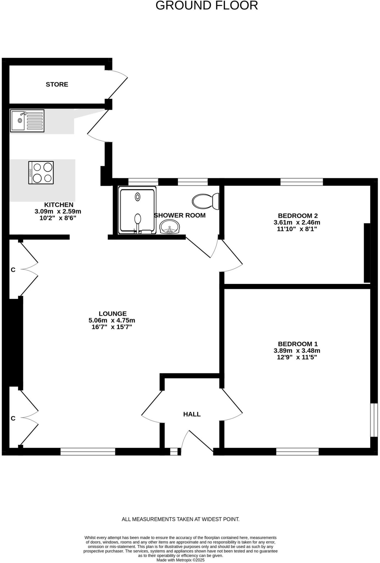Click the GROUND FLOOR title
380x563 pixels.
pyautogui.click(x=207, y=5)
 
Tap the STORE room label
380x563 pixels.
pyautogui.click(x=57, y=84)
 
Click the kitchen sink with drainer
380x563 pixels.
pyautogui.click(x=27, y=120)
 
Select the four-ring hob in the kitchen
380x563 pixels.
pyautogui.click(x=41, y=173)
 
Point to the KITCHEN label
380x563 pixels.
pyautogui.click(x=59, y=205)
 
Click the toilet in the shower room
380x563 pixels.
pyautogui.click(x=206, y=201)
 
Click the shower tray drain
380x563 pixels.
pyautogui.click(x=138, y=197)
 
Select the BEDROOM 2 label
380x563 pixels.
pyautogui.click(x=298, y=216)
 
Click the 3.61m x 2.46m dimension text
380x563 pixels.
pyautogui.click(x=297, y=222)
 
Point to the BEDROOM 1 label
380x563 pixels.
pyautogui.click(x=298, y=344)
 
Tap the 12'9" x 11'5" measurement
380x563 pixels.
pyautogui.click(x=297, y=357)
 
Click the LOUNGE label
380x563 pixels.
pyautogui.click(x=113, y=314)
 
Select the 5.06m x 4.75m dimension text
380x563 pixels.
pyautogui.click(x=112, y=320)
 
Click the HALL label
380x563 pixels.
pyautogui.click(x=192, y=414)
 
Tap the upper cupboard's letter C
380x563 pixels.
pyautogui.click(x=13, y=270)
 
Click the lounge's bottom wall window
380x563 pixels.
pyautogui.click(x=88, y=451)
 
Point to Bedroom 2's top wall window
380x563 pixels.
pyautogui.click(x=301, y=182)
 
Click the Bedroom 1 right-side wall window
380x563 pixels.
pyautogui.click(x=374, y=420)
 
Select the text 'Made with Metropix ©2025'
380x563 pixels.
pyautogui.click(x=181, y=560)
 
